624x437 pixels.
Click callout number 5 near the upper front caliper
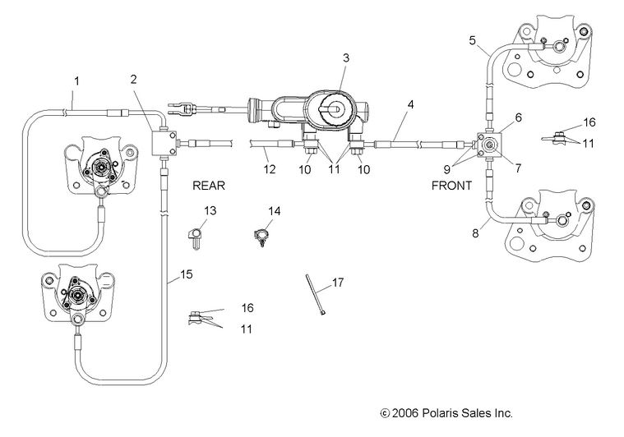(472, 39)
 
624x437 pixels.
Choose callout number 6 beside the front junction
(518, 117)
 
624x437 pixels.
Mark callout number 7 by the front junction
(518, 168)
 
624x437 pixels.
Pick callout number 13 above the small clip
(210, 210)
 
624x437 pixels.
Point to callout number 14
(275, 211)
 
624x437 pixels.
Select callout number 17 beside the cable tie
(337, 283)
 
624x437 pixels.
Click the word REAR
(208, 186)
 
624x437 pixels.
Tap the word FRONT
(451, 186)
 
